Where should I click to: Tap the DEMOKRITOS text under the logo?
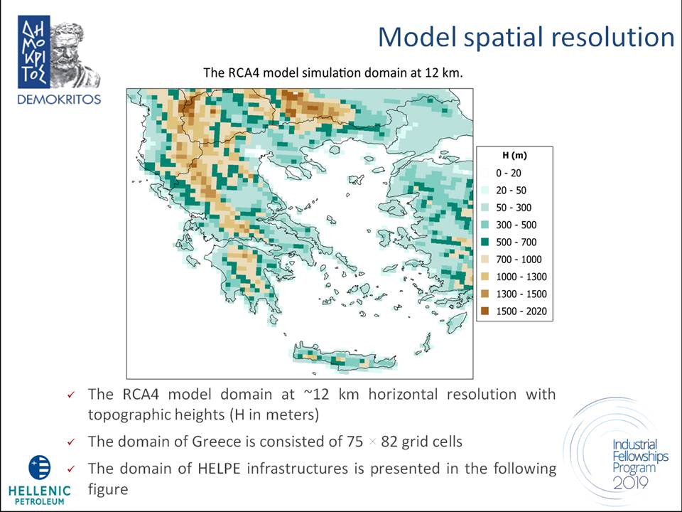click(x=59, y=100)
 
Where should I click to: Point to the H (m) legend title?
click(x=514, y=156)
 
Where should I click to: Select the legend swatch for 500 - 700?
click(x=485, y=242)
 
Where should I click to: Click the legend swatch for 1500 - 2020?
click(x=485, y=311)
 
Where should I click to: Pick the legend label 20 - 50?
click(x=511, y=191)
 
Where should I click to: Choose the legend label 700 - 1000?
click(x=519, y=260)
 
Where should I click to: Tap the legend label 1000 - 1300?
click(x=521, y=277)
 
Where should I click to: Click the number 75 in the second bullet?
click(x=355, y=442)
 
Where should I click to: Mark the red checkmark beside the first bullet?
click(x=71, y=395)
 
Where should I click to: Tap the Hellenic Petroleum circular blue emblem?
click(x=40, y=467)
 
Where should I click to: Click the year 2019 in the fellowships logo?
click(x=631, y=482)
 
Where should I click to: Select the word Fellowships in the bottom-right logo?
click(x=640, y=457)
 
